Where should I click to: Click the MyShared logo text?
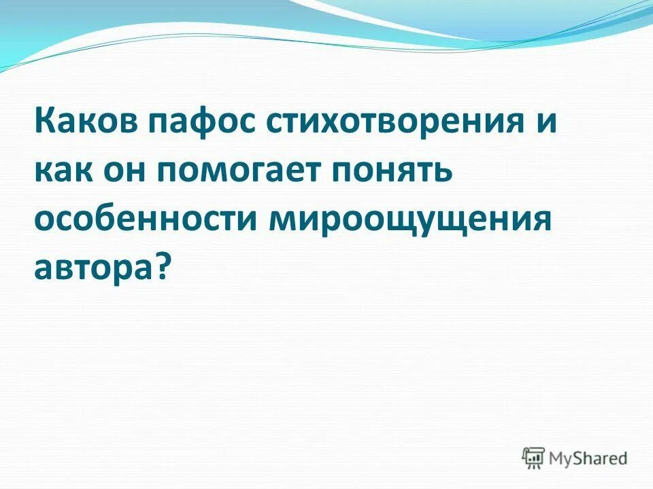(588, 458)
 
